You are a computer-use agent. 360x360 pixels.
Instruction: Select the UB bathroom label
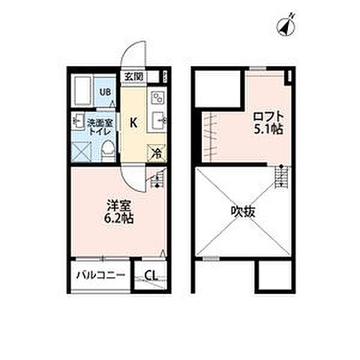[105, 93]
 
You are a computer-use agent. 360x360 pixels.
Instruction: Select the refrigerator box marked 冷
[157, 152]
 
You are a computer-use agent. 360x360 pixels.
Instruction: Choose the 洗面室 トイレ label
[98, 127]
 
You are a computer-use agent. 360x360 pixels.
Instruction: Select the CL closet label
[151, 274]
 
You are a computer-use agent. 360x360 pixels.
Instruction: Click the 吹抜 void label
[243, 211]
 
